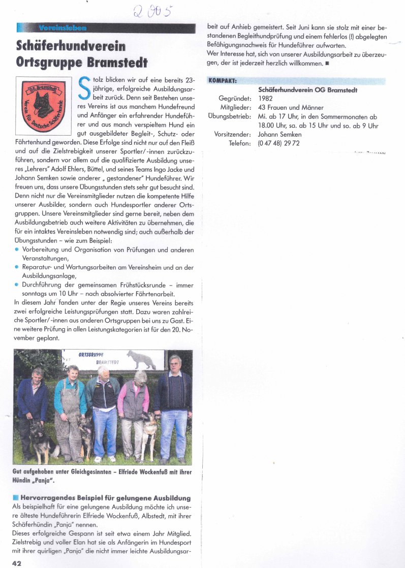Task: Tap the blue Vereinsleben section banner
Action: pyautogui.click(x=62, y=27)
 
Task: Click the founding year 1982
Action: pyautogui.click(x=266, y=99)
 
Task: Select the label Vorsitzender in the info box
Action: pyautogui.click(x=233, y=135)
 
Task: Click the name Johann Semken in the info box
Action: pyautogui.click(x=280, y=135)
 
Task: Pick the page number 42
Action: pyautogui.click(x=16, y=562)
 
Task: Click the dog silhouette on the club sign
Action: pyautogui.click(x=142, y=359)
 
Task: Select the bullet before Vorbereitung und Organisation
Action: pyautogui.click(x=17, y=249)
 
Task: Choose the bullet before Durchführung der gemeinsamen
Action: pyautogui.click(x=17, y=285)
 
